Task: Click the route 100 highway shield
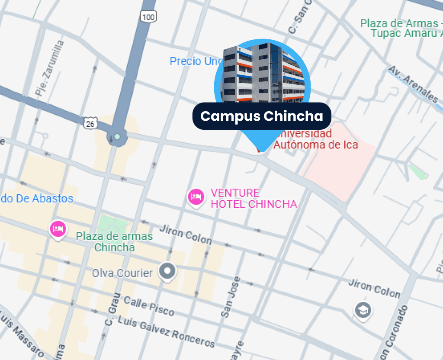pos(148,17)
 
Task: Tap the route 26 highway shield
pos(90,124)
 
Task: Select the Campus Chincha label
pos(262,116)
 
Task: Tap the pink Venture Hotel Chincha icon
pos(196,197)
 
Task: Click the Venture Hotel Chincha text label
pos(254,199)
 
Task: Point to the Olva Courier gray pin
pos(167,271)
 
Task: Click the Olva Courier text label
pos(122,273)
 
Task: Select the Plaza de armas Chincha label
pos(114,242)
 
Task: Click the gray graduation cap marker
pos(363,310)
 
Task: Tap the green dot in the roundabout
pos(117,137)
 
